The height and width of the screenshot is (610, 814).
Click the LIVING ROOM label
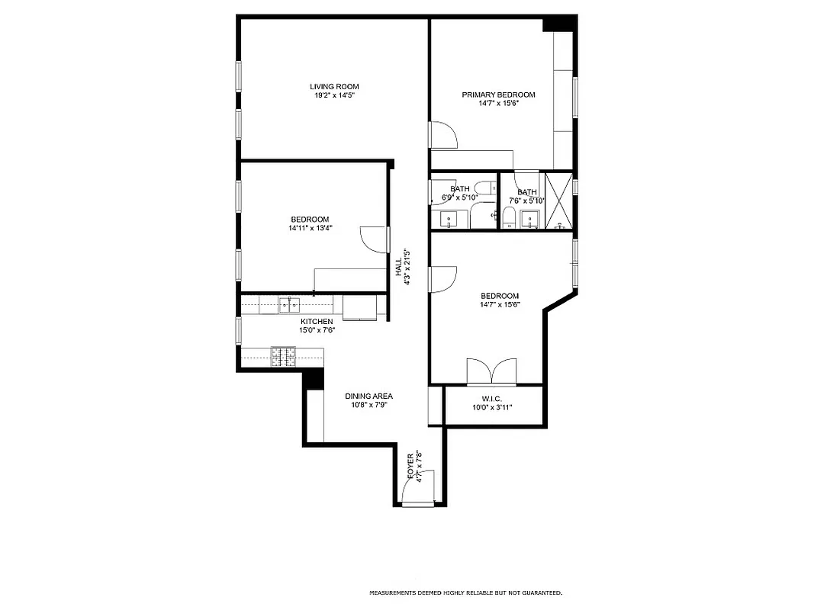coord(333,86)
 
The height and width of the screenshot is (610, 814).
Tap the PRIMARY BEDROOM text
coord(498,95)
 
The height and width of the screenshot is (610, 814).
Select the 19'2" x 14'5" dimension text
coord(333,95)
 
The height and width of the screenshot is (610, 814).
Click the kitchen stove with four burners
coord(284,355)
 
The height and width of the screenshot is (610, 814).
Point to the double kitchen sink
coord(289,305)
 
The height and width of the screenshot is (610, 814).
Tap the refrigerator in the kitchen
coord(359,307)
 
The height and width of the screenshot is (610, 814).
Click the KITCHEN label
coord(316,322)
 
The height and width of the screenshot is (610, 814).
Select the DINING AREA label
coord(368,396)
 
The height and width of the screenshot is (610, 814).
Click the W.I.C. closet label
coord(491,398)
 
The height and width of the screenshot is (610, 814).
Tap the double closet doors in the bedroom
coord(492,371)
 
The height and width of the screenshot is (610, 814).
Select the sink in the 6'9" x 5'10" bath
coord(449,220)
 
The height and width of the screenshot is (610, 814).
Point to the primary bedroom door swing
coord(443,134)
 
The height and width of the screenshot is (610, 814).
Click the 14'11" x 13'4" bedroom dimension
coord(309,228)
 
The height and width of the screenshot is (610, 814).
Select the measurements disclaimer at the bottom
coord(465,592)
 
